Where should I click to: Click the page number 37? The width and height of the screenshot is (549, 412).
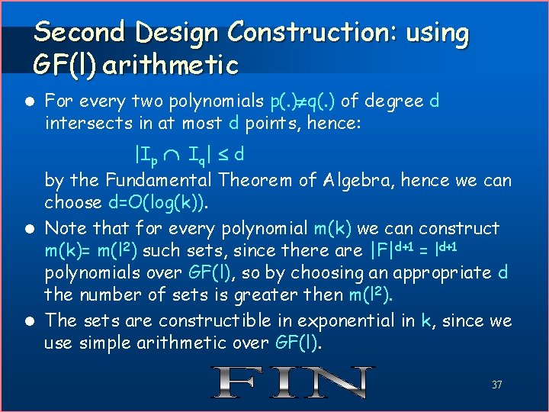pos(496,385)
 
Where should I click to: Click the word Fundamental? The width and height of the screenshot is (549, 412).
pos(161,181)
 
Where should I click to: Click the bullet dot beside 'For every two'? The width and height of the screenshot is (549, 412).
pos(28,101)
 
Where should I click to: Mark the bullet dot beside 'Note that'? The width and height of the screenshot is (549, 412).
pos(28,228)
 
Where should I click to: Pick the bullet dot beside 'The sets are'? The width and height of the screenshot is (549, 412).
pos(28,321)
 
